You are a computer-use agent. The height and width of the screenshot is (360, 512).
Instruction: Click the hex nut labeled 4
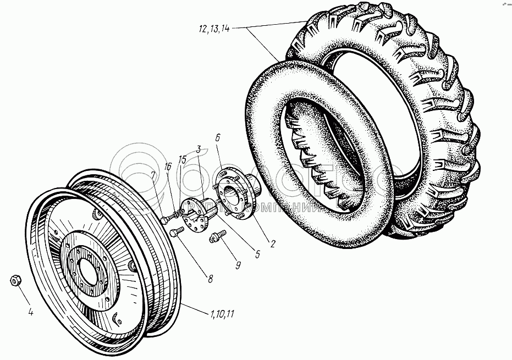coord(15,280)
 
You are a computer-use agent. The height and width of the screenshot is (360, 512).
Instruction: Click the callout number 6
coord(217,140)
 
